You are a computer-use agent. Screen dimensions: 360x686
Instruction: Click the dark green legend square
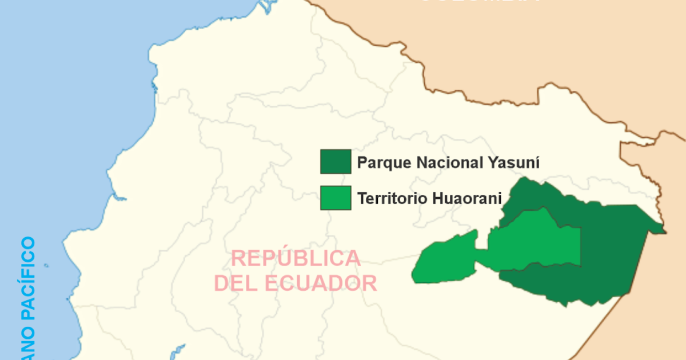(336, 162)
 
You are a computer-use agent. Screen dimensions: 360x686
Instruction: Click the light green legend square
(336, 198)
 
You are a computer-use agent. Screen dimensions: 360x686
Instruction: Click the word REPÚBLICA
(296, 259)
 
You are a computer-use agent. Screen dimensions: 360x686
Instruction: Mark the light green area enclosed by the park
(535, 240)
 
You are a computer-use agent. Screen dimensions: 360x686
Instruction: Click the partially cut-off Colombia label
(480, 2)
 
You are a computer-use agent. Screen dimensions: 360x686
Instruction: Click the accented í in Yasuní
(537, 162)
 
